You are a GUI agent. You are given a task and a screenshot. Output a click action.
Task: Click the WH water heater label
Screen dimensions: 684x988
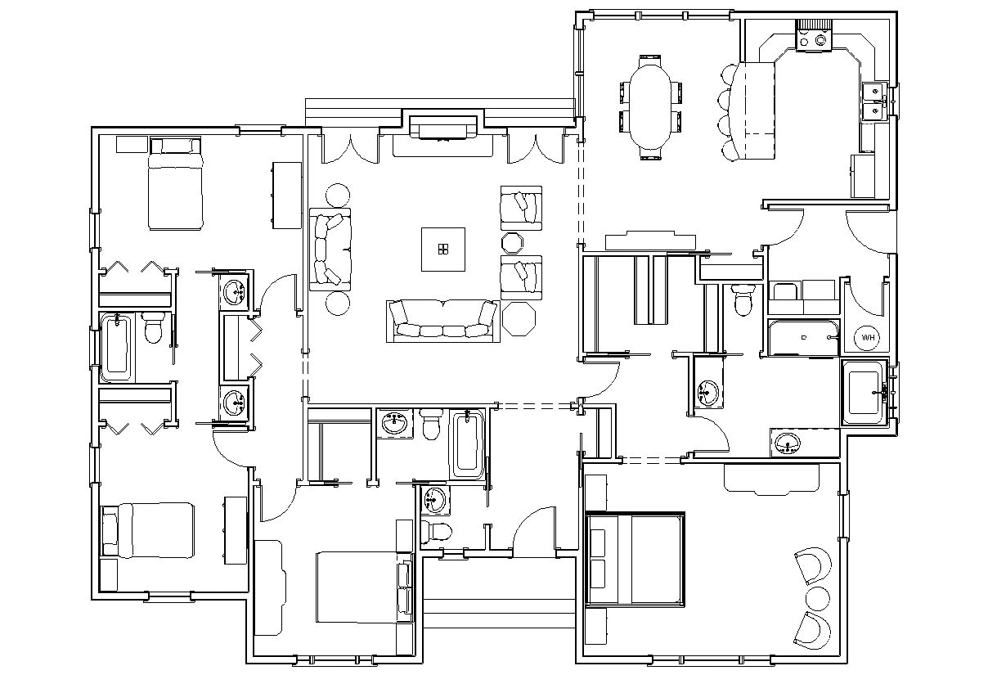click(x=867, y=337)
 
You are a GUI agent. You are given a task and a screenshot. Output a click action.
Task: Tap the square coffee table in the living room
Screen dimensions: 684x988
click(x=443, y=249)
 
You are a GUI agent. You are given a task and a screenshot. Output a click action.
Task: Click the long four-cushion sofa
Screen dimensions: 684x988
click(x=443, y=321)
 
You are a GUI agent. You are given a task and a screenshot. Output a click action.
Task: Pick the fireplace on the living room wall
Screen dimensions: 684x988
click(x=442, y=128)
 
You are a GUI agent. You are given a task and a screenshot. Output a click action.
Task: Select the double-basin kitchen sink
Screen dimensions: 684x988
click(x=873, y=101)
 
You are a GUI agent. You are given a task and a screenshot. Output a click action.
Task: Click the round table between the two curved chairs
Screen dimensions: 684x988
click(x=817, y=595)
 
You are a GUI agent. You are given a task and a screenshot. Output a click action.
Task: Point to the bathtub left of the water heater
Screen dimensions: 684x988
click(x=802, y=337)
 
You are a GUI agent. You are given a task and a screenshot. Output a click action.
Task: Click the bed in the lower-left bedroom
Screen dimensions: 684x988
click(x=148, y=530)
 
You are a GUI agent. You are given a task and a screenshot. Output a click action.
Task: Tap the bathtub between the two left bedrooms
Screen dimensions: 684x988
click(x=116, y=347)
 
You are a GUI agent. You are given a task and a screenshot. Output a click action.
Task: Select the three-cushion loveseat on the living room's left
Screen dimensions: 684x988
click(x=330, y=249)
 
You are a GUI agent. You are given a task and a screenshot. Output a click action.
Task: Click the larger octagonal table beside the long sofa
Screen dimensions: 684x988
click(x=519, y=318)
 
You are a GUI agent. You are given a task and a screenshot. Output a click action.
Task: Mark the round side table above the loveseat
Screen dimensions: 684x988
click(x=337, y=196)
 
